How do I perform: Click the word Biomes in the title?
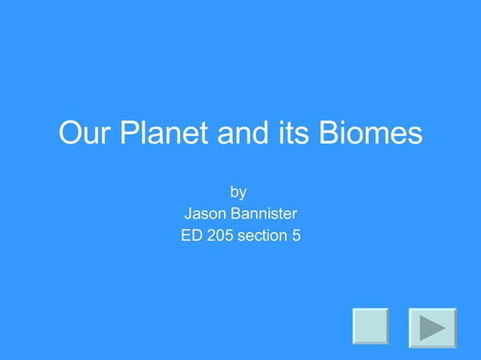369,134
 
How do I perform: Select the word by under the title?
239,192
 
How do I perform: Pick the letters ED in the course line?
191,236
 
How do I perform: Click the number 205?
220,236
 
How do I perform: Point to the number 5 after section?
296,236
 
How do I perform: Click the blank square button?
370,326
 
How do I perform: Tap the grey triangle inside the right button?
432,328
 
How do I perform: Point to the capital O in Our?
70,134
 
